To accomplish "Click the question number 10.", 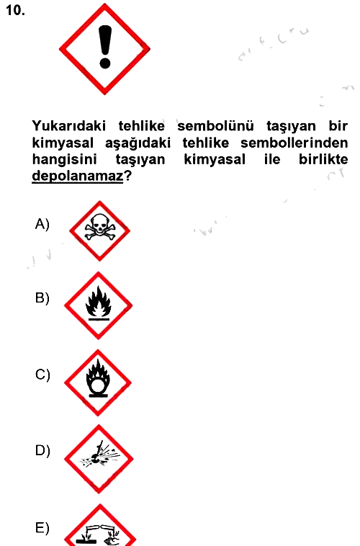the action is (x=15, y=11).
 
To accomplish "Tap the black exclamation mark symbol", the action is (x=105, y=47).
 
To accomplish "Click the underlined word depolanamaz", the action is (x=77, y=176).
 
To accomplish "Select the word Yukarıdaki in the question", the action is (x=68, y=126).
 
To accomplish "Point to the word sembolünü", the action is (x=215, y=126).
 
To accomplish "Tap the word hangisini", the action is (x=64, y=159).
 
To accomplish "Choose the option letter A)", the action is (x=42, y=224).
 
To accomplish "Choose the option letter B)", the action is (x=42, y=298).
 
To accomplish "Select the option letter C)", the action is (x=42, y=375).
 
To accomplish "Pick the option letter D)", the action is (x=42, y=450).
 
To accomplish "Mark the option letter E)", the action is (x=42, y=528).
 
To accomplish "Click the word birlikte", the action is (x=323, y=159).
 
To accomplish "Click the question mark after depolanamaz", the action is (x=127, y=176).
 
